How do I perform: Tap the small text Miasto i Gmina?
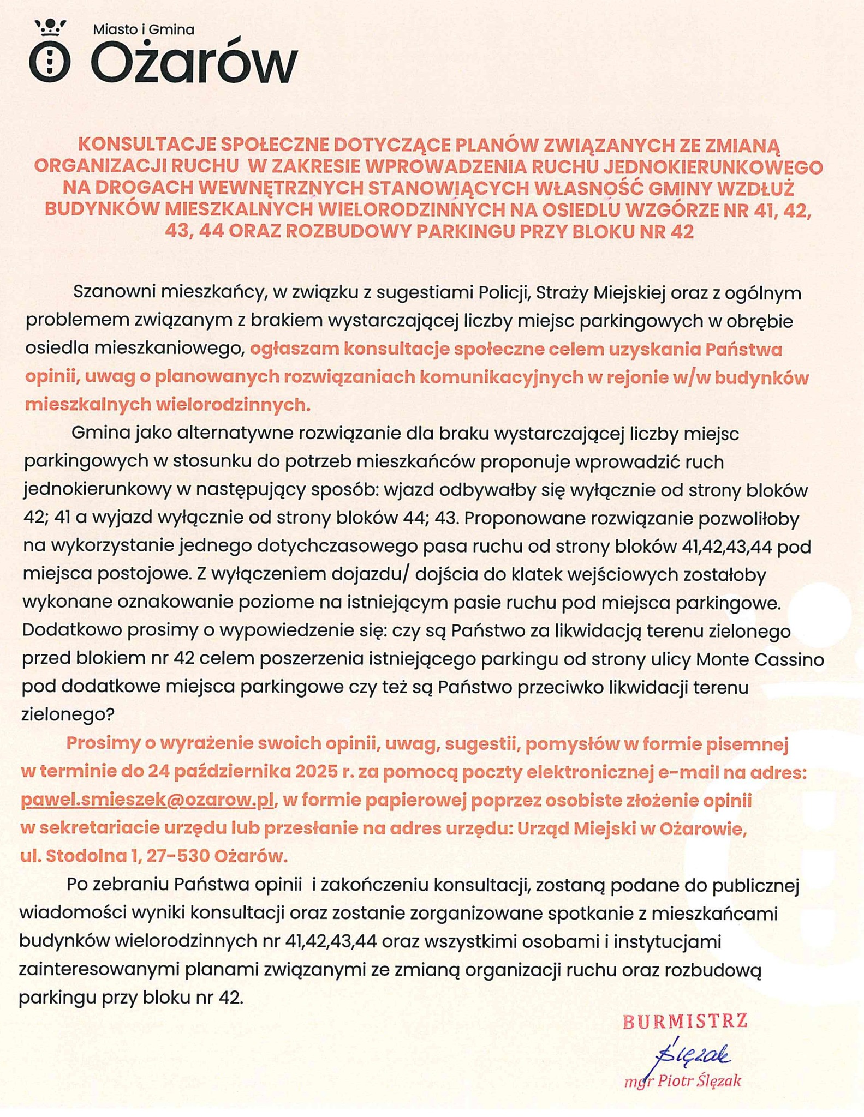tap(143, 30)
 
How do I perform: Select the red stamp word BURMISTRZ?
tap(685, 1021)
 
